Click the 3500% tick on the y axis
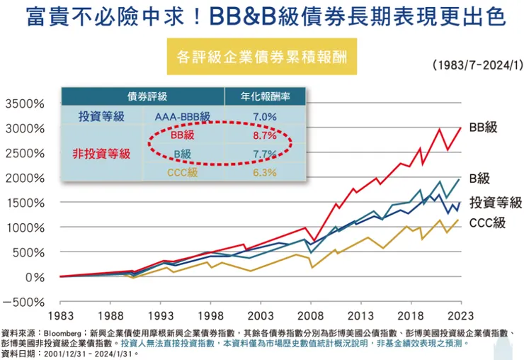pyautogui.click(x=25, y=103)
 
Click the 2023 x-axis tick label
pyautogui.click(x=460, y=317)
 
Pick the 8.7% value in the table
pyautogui.click(x=264, y=135)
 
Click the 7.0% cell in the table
pyautogui.click(x=264, y=116)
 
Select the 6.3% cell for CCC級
pyautogui.click(x=264, y=171)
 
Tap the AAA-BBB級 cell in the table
pyautogui.click(x=182, y=116)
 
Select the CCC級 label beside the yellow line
pyautogui.click(x=487, y=223)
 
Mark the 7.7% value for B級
pyautogui.click(x=264, y=153)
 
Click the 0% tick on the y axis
pyautogui.click(x=33, y=276)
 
